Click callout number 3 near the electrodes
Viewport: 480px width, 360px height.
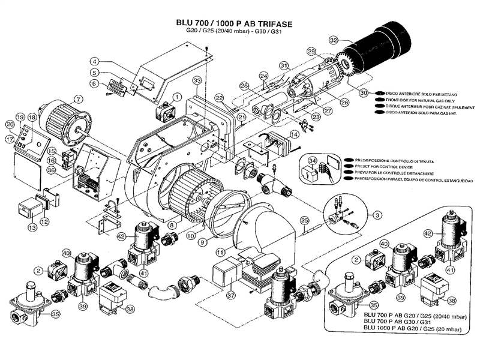376,214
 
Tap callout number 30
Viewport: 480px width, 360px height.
364,93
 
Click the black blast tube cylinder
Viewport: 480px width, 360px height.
384,45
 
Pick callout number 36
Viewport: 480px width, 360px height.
52,170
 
